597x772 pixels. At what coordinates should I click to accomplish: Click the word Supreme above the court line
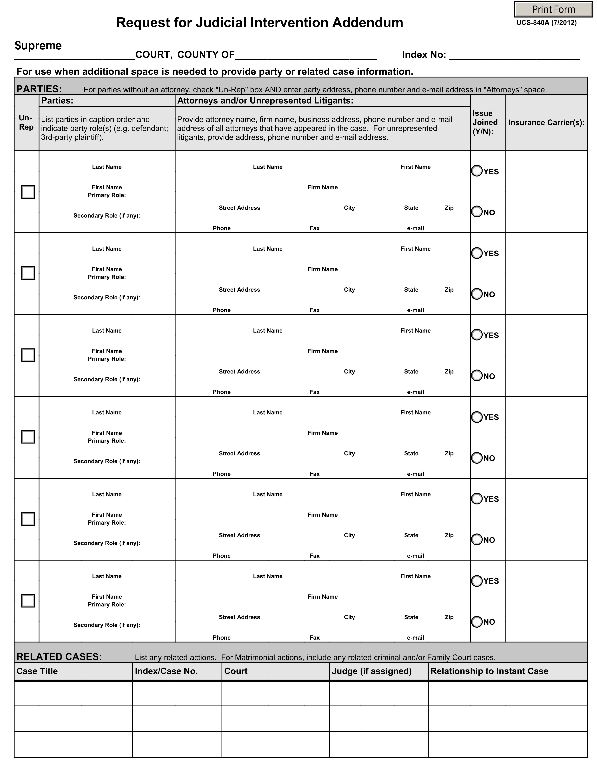[38, 46]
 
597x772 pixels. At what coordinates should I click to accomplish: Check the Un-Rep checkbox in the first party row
[28, 192]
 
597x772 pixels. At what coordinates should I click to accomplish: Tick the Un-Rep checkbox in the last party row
[28, 601]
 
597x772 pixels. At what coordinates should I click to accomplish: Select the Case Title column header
[37, 671]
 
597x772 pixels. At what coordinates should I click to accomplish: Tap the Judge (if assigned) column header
[371, 671]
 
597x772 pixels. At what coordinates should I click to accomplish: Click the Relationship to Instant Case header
[489, 671]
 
